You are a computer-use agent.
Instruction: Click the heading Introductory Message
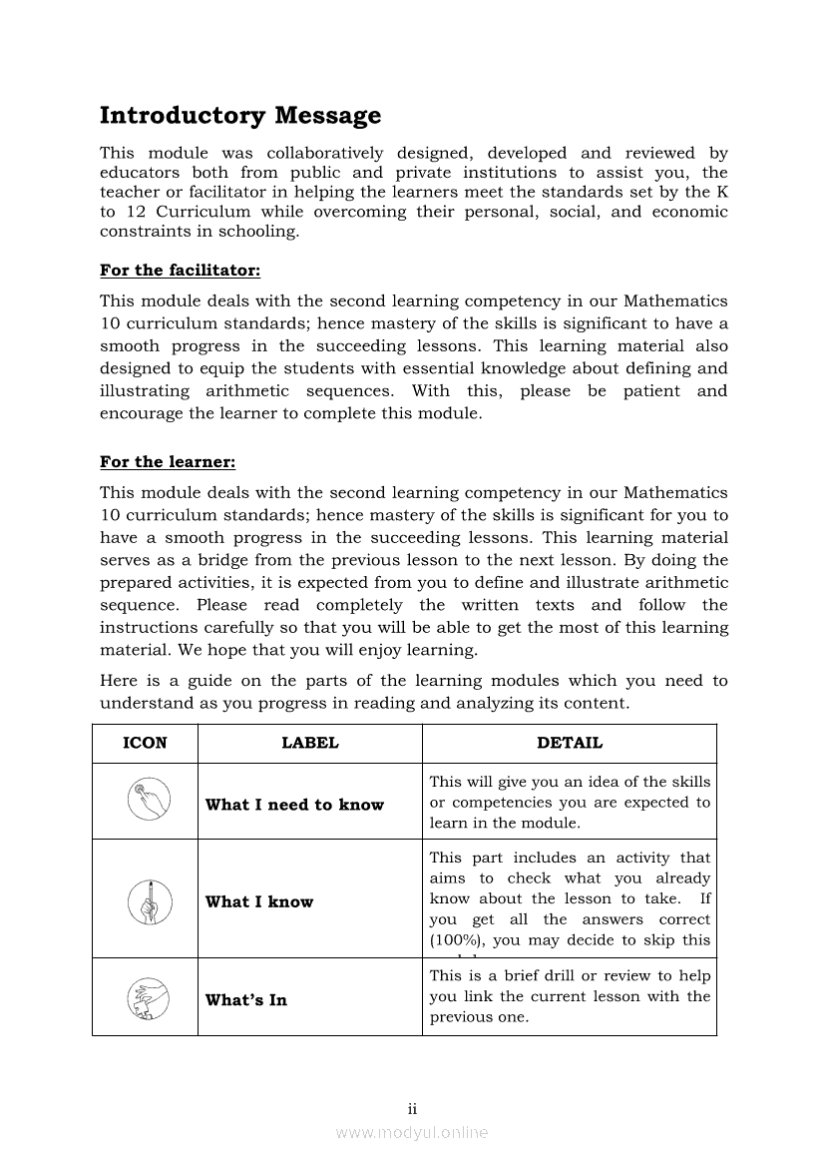click(240, 117)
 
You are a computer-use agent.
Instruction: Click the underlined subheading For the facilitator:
click(180, 271)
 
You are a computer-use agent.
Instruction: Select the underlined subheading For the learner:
click(168, 462)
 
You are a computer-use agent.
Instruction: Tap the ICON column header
click(145, 743)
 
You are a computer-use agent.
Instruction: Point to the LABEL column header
click(309, 743)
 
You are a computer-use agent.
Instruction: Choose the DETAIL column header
click(569, 743)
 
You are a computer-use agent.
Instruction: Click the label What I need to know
click(294, 805)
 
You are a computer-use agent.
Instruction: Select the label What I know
click(259, 901)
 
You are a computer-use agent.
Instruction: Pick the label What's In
click(245, 999)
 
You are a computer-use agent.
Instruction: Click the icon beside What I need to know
click(145, 801)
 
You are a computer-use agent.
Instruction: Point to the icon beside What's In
click(145, 997)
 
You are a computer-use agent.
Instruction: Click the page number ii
click(411, 1109)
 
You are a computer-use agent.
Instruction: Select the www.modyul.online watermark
click(411, 1132)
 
